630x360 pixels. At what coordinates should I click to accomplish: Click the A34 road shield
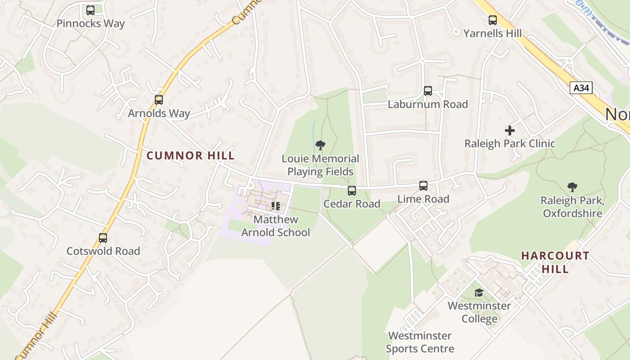[x=581, y=88]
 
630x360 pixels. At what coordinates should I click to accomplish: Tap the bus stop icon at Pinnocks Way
[x=90, y=10]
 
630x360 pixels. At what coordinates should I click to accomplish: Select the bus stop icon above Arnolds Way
[x=159, y=100]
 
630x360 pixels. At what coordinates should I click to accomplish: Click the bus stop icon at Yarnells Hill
[x=493, y=20]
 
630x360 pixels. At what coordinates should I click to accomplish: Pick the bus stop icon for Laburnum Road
[x=428, y=91]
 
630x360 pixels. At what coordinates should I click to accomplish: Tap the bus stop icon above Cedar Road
[x=352, y=191]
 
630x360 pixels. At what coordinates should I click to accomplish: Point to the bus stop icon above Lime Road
[x=423, y=186]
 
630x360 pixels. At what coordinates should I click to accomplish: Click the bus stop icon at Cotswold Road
[x=103, y=238]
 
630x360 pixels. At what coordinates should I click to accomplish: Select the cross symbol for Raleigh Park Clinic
[x=510, y=130]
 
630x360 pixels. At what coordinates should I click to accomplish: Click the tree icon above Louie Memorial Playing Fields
[x=320, y=145]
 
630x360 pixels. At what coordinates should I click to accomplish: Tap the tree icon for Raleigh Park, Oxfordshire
[x=572, y=187]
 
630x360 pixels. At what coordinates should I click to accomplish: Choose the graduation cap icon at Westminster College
[x=479, y=293]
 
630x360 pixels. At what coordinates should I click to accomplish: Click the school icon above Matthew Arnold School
[x=275, y=207]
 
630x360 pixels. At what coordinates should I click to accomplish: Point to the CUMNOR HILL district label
[x=191, y=156]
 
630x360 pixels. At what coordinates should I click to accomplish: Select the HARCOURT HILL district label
[x=555, y=262]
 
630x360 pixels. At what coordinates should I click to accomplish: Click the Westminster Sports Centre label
[x=420, y=342]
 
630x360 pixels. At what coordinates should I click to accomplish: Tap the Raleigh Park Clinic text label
[x=510, y=144]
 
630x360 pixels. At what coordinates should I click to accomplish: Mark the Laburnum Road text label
[x=428, y=104]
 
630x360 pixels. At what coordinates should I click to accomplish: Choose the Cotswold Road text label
[x=103, y=251]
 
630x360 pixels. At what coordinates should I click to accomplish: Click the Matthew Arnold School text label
[x=276, y=226]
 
